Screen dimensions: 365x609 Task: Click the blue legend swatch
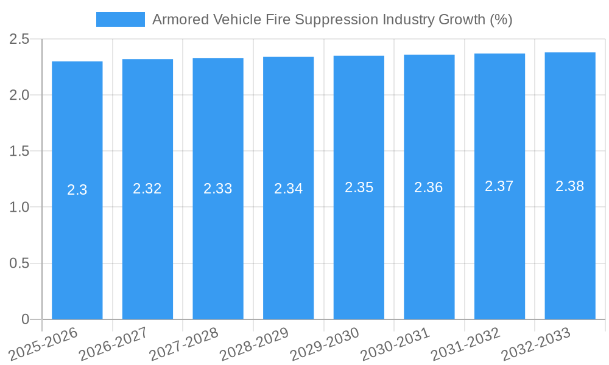point(120,19)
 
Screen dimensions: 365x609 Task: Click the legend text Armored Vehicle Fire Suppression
point(332,19)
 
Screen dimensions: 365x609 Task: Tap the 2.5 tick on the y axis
point(19,40)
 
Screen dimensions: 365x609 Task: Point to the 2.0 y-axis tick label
point(19,96)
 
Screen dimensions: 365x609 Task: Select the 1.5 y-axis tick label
point(19,151)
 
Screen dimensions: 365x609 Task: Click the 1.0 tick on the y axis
point(19,207)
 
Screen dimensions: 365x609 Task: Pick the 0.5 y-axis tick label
point(19,263)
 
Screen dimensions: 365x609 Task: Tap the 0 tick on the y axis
point(25,319)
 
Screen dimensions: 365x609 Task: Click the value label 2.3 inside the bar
point(77,190)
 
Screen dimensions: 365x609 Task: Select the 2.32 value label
point(147,189)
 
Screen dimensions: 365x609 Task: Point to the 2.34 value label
point(289,189)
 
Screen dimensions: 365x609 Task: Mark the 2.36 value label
point(429,187)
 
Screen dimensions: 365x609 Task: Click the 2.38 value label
point(570,186)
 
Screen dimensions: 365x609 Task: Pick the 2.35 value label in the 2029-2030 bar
point(359,187)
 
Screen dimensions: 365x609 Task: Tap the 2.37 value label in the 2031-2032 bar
point(499,186)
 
